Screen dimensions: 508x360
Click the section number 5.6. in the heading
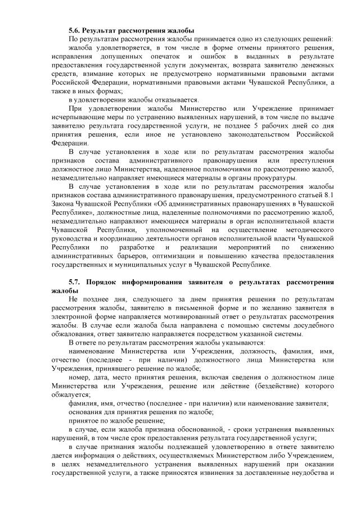75,29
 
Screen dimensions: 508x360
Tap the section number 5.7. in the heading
76,281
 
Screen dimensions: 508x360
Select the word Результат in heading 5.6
103,29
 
